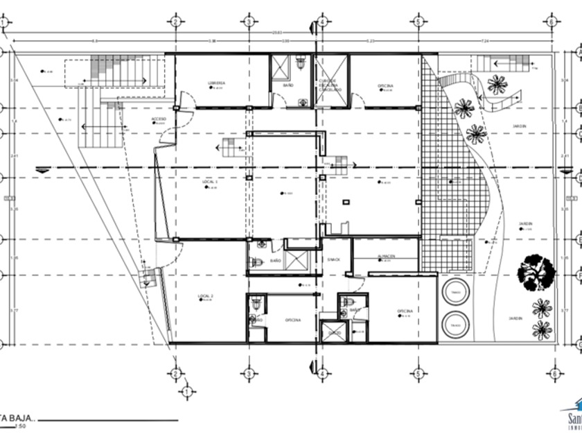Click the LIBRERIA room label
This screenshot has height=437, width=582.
coord(216,83)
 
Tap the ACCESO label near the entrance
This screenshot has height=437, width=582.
coord(159,119)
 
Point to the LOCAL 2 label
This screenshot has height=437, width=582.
coord(206,296)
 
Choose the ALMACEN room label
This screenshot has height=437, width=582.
coord(386,257)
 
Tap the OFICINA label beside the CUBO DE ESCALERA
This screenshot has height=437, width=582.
coord(386,86)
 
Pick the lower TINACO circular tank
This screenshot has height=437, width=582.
coord(455,323)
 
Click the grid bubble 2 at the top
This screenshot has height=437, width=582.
coord(176,22)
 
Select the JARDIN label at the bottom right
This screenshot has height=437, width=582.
coord(515,318)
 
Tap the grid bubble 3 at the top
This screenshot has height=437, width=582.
coord(248,22)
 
